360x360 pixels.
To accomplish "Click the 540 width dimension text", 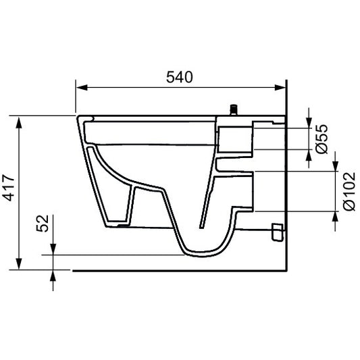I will click(x=179, y=77).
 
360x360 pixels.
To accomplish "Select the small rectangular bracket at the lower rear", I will click(x=275, y=232).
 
